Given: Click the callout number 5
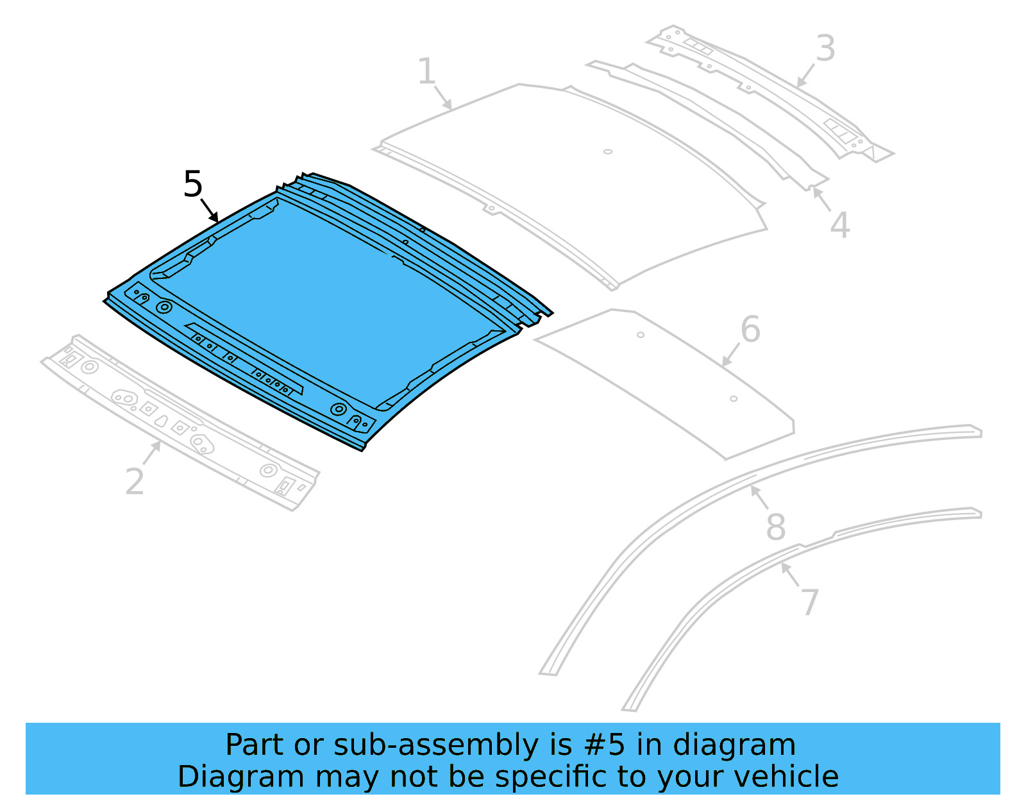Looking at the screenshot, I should tap(192, 184).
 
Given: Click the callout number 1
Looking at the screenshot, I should tap(426, 71).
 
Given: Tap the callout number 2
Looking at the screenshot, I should tap(135, 482).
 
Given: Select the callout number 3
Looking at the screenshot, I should tap(825, 49).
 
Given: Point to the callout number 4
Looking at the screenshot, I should tap(840, 225).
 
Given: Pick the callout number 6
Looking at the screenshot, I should tap(750, 330).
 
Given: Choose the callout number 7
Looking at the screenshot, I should tap(810, 602).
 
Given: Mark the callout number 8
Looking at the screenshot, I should tap(776, 527).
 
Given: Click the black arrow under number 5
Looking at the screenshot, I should tap(209, 210).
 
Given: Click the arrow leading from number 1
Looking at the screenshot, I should tap(442, 97).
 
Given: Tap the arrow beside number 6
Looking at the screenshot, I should tap(731, 355).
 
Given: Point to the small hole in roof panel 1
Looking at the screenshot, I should tap(608, 152).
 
